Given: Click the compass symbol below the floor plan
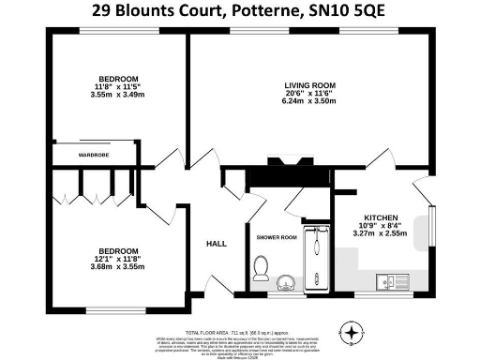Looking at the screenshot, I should click(x=352, y=331).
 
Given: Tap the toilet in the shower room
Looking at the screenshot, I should click(x=262, y=276).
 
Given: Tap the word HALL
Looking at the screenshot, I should click(x=217, y=244).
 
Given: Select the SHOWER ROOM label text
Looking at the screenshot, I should click(x=276, y=237).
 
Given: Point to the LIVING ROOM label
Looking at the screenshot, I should click(x=309, y=84).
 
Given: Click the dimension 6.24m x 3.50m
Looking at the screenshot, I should click(x=309, y=102).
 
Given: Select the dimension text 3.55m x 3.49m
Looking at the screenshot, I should click(x=118, y=94).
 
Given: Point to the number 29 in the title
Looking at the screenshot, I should click(x=104, y=13).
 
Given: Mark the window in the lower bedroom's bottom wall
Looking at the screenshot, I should click(x=117, y=308).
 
